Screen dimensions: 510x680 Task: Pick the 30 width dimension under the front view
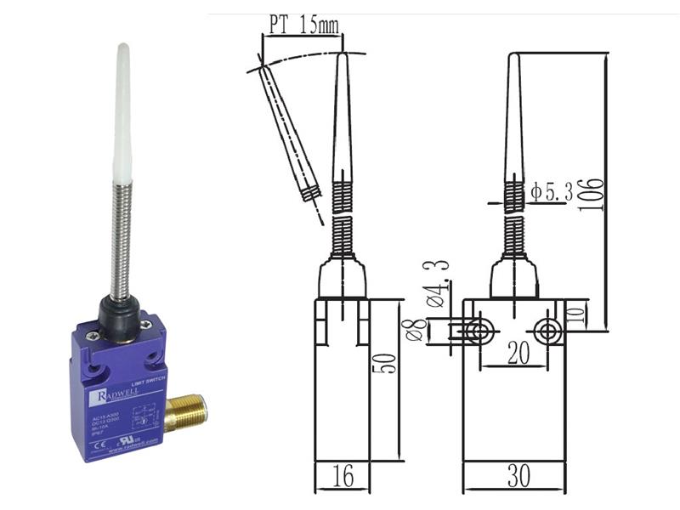517,477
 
